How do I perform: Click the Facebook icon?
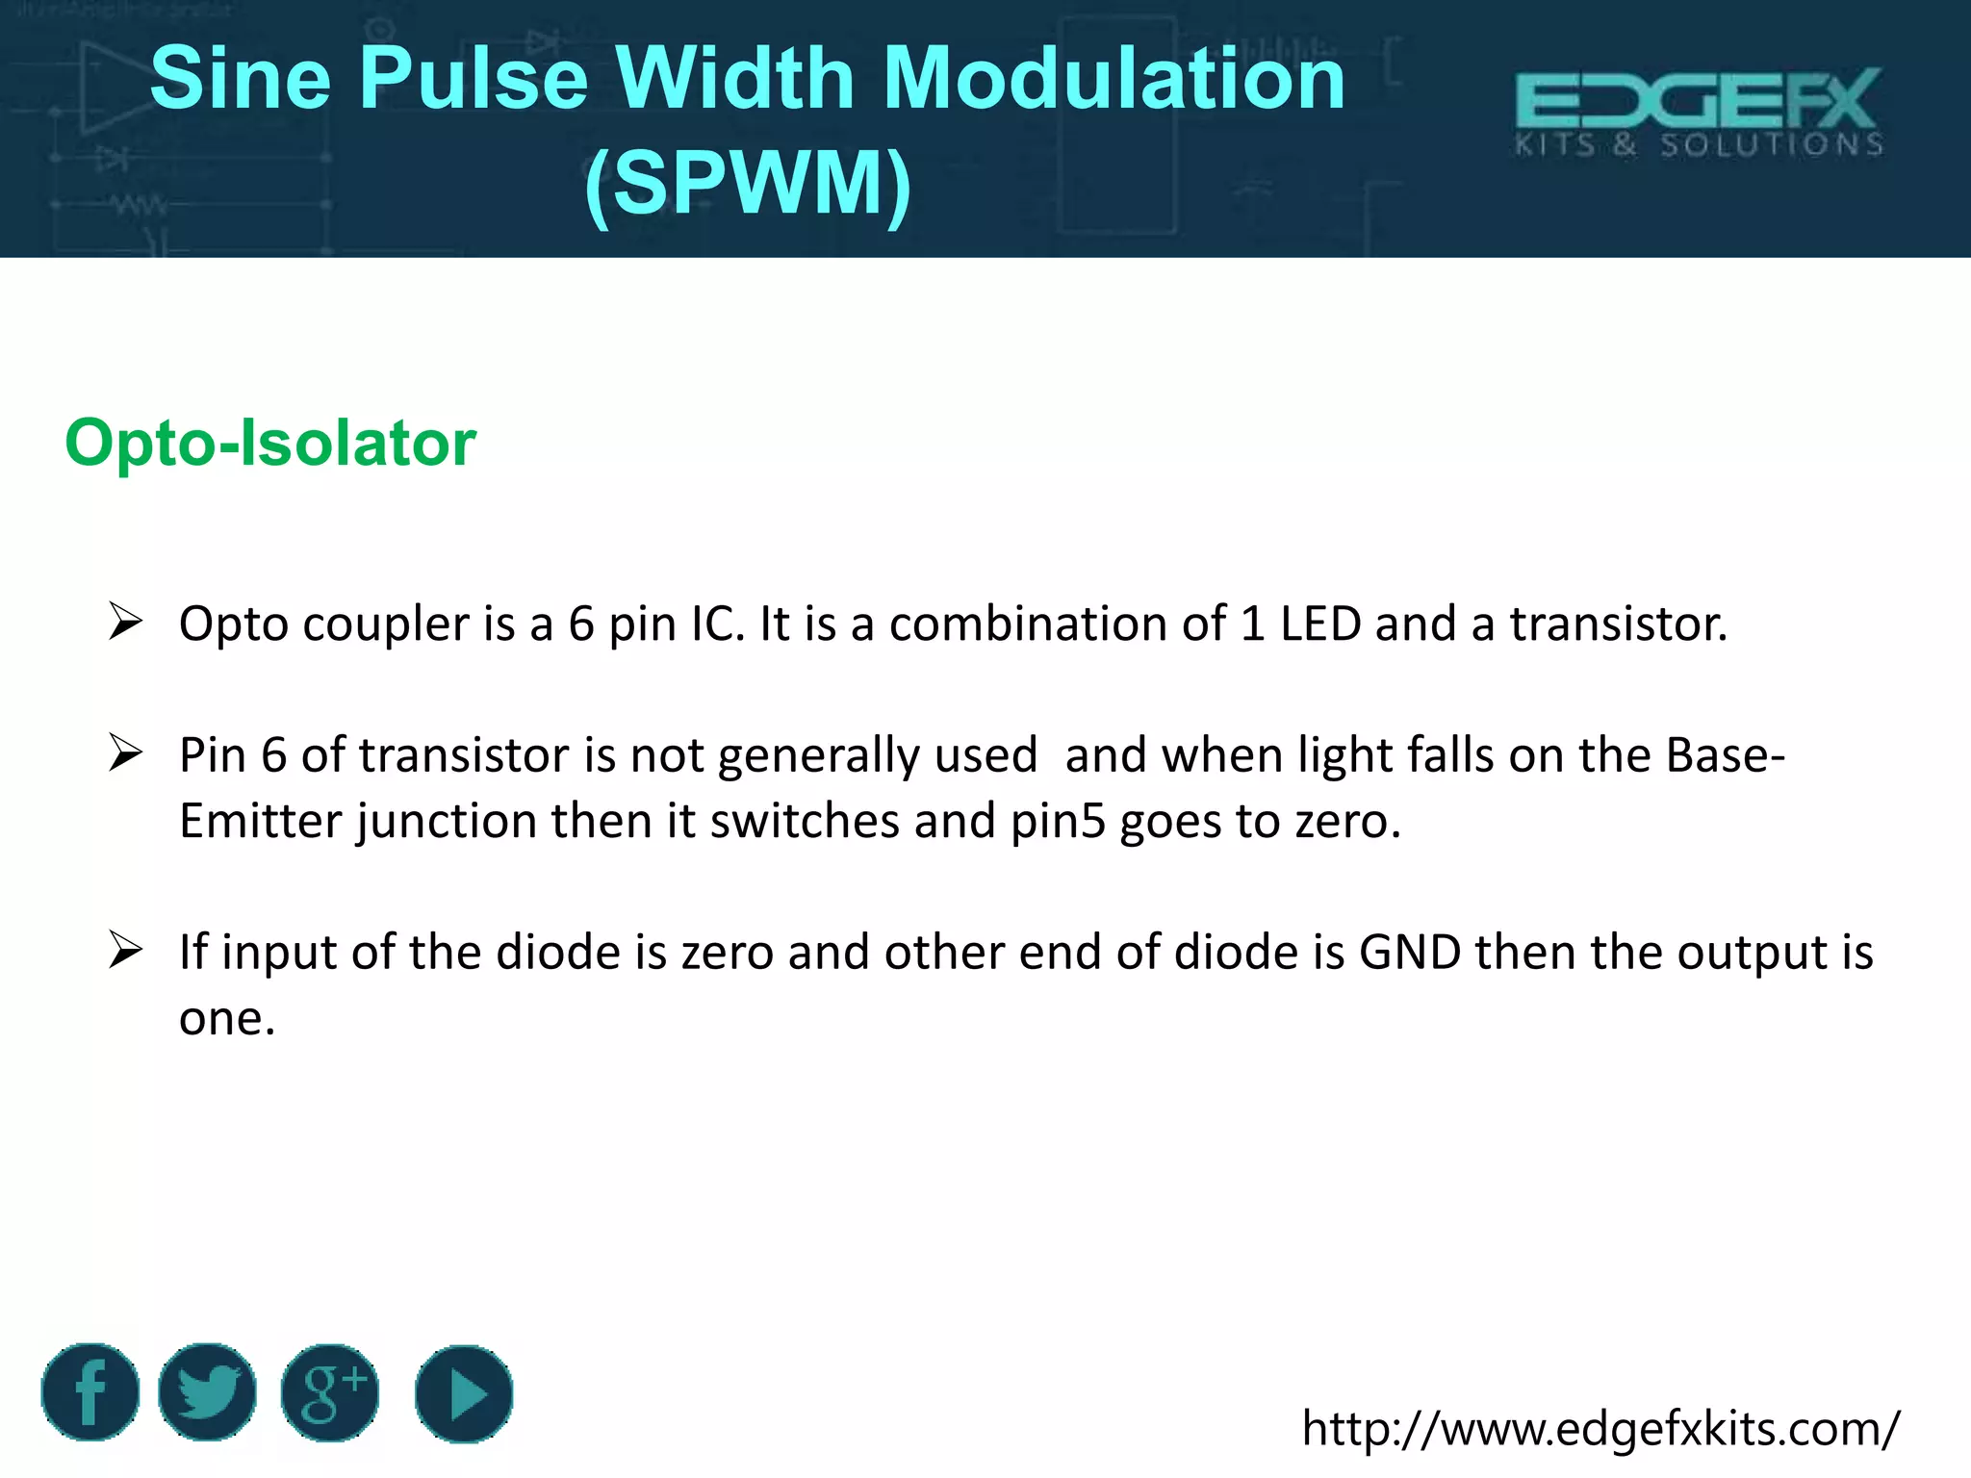click(90, 1392)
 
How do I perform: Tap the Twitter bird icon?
click(207, 1392)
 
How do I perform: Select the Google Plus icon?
click(330, 1392)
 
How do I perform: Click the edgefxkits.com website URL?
click(1600, 1428)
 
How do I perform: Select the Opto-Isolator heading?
click(270, 443)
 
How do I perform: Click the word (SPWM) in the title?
click(748, 183)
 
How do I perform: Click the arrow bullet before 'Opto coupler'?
click(125, 622)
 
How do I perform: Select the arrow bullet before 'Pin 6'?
click(125, 752)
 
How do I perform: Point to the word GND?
click(1410, 952)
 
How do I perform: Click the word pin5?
click(1058, 822)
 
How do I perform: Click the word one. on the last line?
click(227, 1018)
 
